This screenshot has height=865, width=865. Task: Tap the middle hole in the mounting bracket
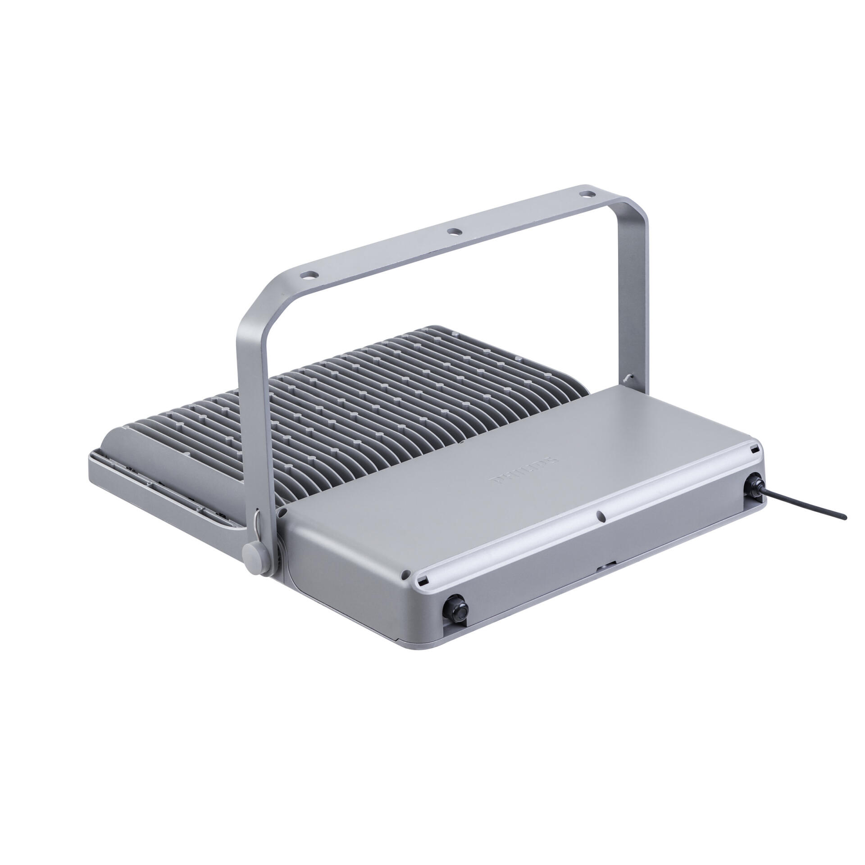(x=454, y=232)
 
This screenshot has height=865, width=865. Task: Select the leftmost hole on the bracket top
(x=309, y=273)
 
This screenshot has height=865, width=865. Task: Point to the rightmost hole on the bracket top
(x=587, y=195)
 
